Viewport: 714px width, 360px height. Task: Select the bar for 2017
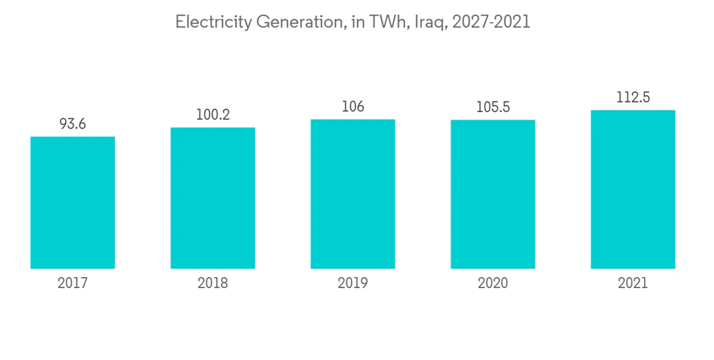click(73, 202)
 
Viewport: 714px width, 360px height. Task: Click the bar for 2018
click(213, 198)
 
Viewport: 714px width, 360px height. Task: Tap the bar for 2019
click(353, 194)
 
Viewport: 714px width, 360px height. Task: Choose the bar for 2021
click(633, 189)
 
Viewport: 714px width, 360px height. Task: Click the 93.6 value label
click(73, 124)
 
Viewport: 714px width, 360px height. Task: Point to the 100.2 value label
click(213, 115)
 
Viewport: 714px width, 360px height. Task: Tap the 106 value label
click(353, 106)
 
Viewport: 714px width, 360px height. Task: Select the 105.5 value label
click(493, 107)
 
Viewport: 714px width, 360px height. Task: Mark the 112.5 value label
click(633, 98)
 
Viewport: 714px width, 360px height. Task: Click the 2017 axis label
click(73, 284)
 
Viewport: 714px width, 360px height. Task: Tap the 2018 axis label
click(213, 284)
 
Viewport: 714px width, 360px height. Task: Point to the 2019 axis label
click(353, 284)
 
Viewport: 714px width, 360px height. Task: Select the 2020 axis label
click(493, 284)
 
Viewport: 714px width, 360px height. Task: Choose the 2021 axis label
click(633, 284)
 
